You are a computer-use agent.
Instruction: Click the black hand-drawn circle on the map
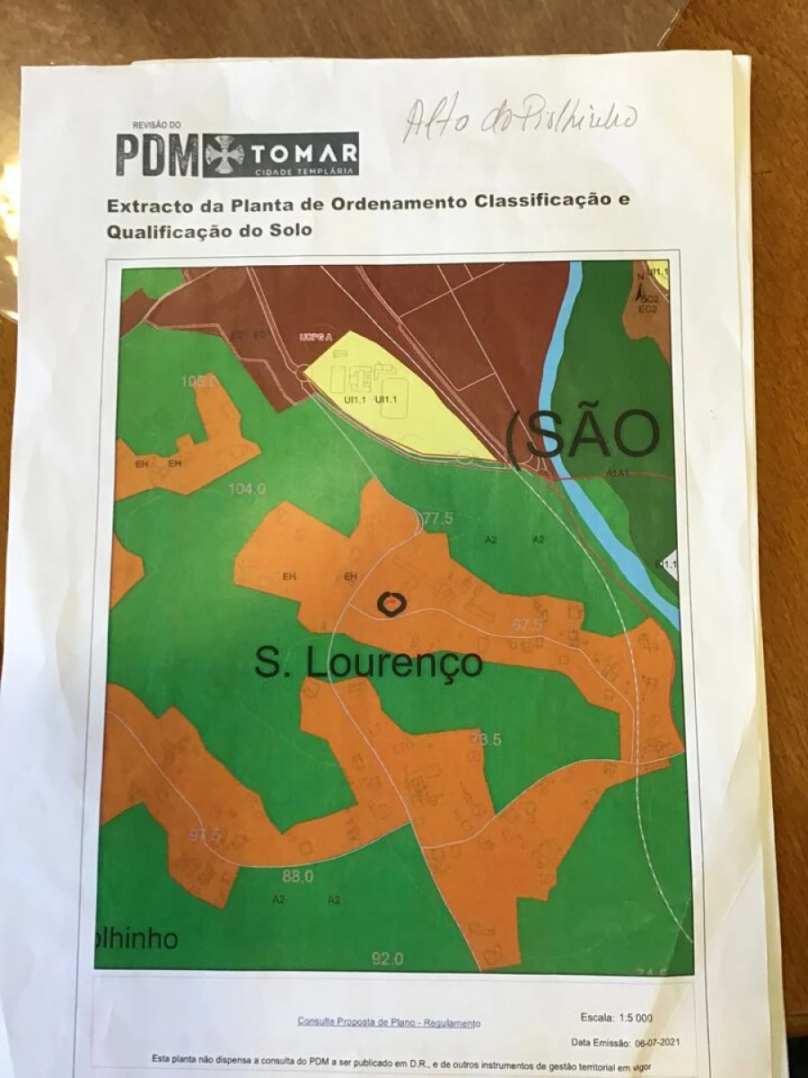pyautogui.click(x=391, y=604)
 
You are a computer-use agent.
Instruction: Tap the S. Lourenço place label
pyautogui.click(x=368, y=663)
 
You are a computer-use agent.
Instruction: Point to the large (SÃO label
pyautogui.click(x=584, y=435)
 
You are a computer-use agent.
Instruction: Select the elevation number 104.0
pyautogui.click(x=248, y=490)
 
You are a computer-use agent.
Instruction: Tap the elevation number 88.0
pyautogui.click(x=298, y=877)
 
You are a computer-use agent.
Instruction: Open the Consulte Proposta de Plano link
pyautogui.click(x=389, y=1022)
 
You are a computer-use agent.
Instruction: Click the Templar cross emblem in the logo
pyautogui.click(x=224, y=155)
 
